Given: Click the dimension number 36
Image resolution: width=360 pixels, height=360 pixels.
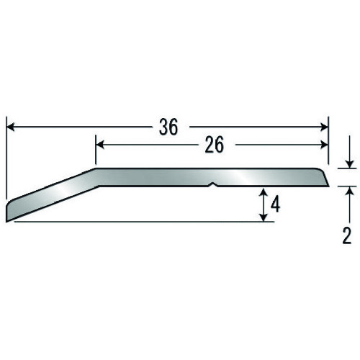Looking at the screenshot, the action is (x=168, y=127).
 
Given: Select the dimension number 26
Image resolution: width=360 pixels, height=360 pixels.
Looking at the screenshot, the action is (x=215, y=145).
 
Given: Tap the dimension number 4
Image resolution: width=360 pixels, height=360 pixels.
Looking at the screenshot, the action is (x=275, y=205).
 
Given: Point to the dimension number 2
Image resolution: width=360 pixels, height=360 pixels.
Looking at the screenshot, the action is (x=347, y=235).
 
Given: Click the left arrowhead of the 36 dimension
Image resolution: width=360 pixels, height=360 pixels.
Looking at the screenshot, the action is (x=11, y=127).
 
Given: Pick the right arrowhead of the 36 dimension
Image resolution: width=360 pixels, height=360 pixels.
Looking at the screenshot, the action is (x=324, y=127).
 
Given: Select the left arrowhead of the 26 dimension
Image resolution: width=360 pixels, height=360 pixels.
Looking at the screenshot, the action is (x=100, y=145).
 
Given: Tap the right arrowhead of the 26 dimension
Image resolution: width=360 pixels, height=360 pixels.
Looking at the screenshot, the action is (x=324, y=145).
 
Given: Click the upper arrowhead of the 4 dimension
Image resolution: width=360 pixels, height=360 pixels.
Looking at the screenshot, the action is (x=264, y=193).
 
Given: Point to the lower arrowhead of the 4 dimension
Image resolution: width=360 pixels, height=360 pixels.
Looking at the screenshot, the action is (x=264, y=217).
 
